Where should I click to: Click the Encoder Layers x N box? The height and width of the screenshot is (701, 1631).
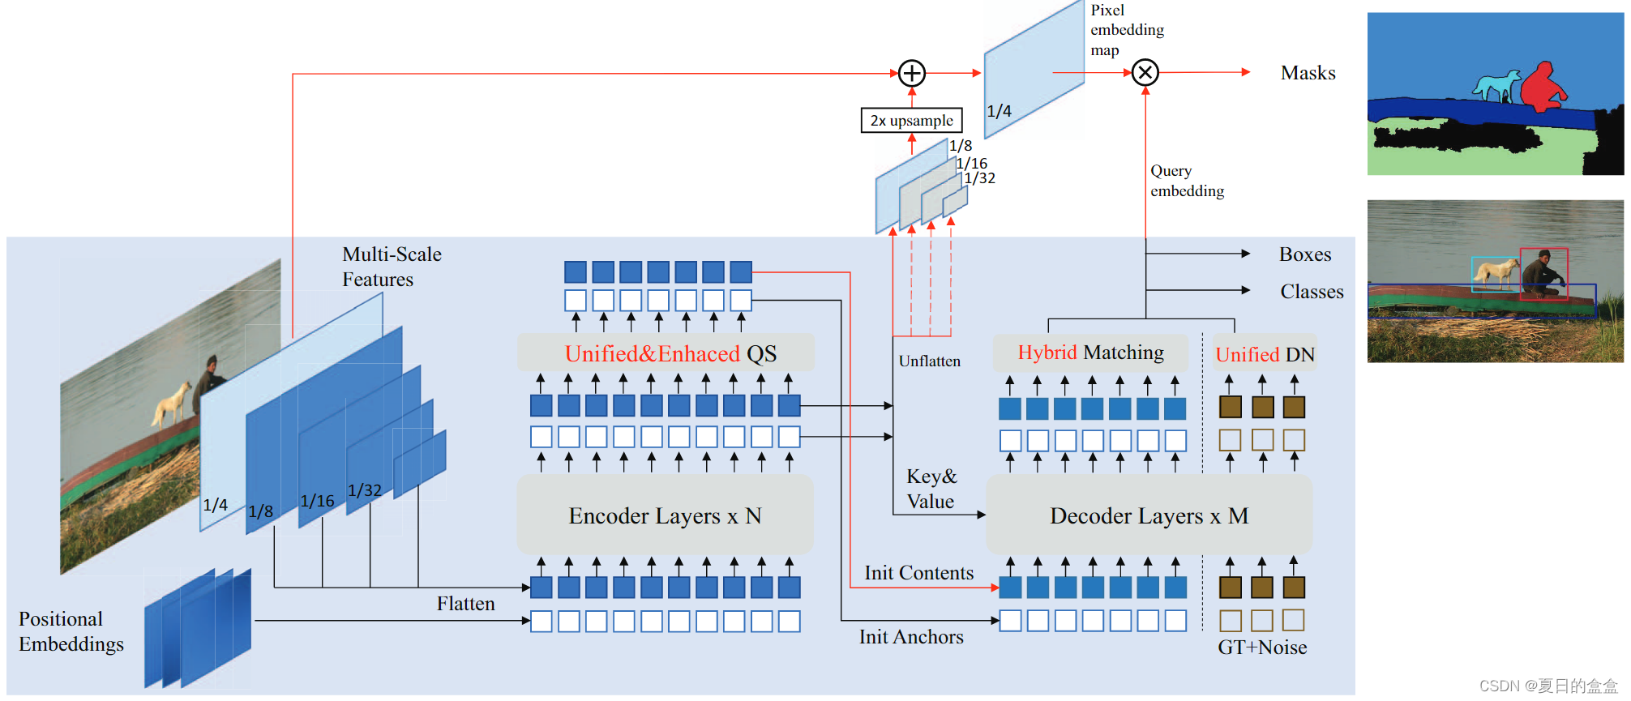point(665,515)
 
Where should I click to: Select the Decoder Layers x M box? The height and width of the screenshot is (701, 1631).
point(1149,515)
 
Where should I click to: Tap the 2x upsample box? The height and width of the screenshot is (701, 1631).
point(911,121)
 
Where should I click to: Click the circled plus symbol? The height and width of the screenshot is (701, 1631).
point(912,74)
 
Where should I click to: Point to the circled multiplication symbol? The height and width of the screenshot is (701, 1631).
point(1145,73)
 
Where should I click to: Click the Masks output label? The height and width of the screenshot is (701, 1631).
point(1308,73)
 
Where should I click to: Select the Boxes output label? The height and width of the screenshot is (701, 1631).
point(1305,254)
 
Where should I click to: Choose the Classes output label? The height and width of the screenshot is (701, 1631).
point(1312,292)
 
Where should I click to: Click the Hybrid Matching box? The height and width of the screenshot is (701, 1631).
point(1090,353)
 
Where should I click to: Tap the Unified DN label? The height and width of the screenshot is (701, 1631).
point(1265,354)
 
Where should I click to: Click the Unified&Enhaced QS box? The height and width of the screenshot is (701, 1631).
point(670,353)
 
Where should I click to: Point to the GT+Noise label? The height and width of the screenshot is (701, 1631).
point(1262,648)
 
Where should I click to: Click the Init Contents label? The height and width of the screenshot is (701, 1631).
point(918,573)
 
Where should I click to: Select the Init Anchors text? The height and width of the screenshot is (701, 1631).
point(911,637)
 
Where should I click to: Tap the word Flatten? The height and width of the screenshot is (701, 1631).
point(465,604)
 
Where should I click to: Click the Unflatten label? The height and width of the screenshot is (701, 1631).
point(929,361)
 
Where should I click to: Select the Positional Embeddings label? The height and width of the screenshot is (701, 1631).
point(71,631)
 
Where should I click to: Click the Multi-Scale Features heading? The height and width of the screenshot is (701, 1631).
point(392,267)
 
